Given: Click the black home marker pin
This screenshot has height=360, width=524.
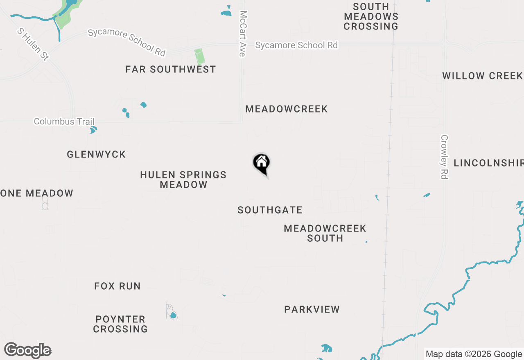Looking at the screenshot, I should pyautogui.click(x=261, y=164).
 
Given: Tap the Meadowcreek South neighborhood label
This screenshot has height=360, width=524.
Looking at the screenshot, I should pyautogui.click(x=325, y=233).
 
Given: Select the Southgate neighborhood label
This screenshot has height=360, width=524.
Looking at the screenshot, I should pyautogui.click(x=270, y=210).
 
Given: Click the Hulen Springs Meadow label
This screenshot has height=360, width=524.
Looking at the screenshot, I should pyautogui.click(x=183, y=180).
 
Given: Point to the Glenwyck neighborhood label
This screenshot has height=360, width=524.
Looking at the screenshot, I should pyautogui.click(x=96, y=155).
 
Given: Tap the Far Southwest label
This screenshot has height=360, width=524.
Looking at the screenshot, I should pyautogui.click(x=170, y=70).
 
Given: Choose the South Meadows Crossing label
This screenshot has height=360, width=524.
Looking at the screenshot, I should pyautogui.click(x=371, y=17).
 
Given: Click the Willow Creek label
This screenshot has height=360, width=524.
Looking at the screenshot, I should pyautogui.click(x=482, y=76).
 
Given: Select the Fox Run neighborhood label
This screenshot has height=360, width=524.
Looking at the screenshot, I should pyautogui.click(x=117, y=286).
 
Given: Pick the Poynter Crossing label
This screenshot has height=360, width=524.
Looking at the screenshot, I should pyautogui.click(x=120, y=324).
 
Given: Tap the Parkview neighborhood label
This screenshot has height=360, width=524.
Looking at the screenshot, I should pyautogui.click(x=312, y=310).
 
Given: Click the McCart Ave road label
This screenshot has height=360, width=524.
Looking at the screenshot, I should pyautogui.click(x=243, y=34).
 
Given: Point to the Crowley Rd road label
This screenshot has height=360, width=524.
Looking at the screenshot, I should pyautogui.click(x=445, y=157).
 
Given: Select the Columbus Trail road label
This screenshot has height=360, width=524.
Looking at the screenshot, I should pyautogui.click(x=64, y=122).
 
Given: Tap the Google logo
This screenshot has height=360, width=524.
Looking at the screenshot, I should pyautogui.click(x=28, y=351).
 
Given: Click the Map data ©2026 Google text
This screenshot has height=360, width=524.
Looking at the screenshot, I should pyautogui.click(x=474, y=354).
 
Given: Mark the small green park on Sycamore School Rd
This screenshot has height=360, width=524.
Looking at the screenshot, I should pyautogui.click(x=200, y=56).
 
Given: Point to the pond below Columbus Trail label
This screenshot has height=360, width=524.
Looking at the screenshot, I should pyautogui.click(x=93, y=130).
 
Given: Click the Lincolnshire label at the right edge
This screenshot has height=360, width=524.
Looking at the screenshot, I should pyautogui.click(x=488, y=163).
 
